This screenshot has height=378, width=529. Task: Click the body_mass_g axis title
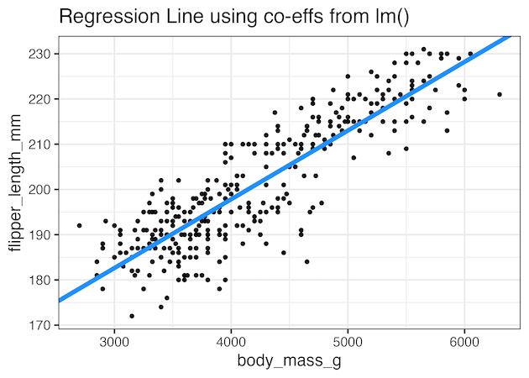click(290, 361)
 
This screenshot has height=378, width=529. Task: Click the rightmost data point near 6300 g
click(500, 94)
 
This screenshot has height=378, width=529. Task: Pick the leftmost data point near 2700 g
click(79, 225)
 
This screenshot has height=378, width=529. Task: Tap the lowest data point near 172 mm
click(132, 316)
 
